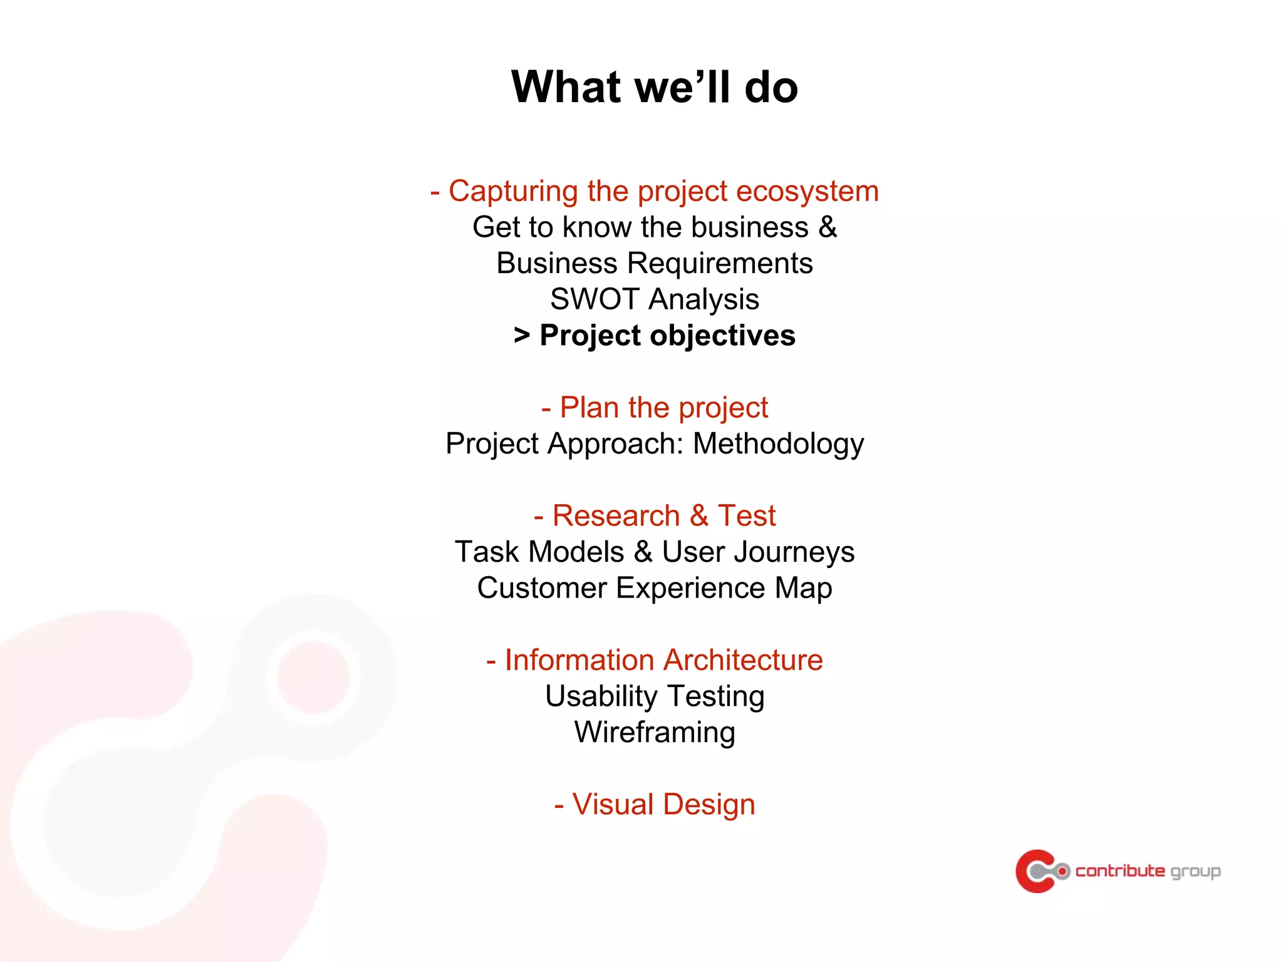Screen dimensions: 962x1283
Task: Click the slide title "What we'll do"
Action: click(x=654, y=86)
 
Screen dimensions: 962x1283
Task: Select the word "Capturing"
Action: click(x=513, y=191)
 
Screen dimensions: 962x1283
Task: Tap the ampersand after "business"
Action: click(x=828, y=227)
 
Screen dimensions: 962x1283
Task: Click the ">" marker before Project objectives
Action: click(x=521, y=335)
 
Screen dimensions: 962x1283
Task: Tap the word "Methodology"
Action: click(x=778, y=444)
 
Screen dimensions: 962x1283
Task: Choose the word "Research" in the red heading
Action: click(x=616, y=516)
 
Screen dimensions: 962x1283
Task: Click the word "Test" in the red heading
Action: click(x=746, y=516)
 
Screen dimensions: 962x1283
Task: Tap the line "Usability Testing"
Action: click(x=654, y=696)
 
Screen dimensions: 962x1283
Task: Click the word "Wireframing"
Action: click(x=654, y=732)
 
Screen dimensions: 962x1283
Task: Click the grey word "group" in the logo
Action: click(x=1195, y=872)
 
